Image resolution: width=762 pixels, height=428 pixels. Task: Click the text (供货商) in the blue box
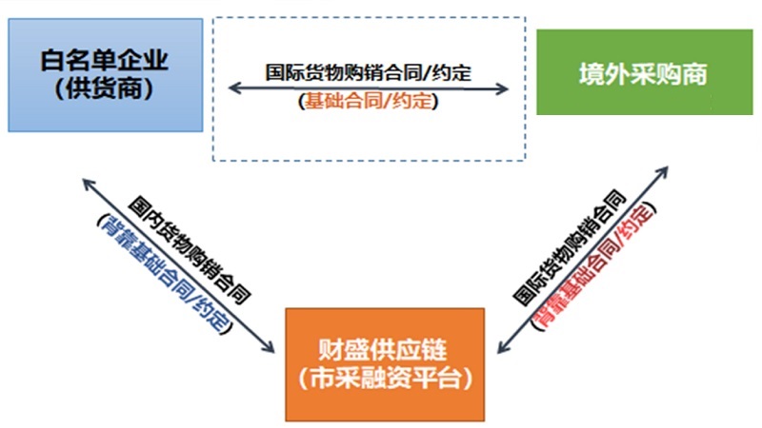point(105,90)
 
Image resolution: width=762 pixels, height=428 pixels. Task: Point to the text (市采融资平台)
point(386,378)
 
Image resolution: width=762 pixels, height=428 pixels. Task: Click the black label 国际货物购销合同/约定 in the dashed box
point(370,72)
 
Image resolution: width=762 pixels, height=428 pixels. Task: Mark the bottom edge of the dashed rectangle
point(368,160)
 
